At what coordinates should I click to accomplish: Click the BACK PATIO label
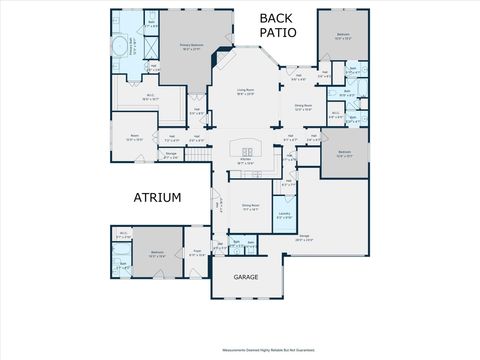click(278, 25)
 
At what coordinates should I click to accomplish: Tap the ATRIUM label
click(157, 198)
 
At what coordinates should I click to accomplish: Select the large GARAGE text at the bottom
click(246, 276)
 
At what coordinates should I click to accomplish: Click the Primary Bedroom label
click(193, 45)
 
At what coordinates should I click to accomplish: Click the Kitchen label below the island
click(245, 161)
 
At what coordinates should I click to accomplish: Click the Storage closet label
click(171, 155)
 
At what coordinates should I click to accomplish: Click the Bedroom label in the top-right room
click(343, 35)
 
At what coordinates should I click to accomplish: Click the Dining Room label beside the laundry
click(250, 207)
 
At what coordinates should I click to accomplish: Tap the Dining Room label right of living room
click(303, 106)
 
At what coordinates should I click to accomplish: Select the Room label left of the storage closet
click(134, 138)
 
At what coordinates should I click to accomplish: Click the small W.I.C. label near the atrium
click(122, 234)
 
